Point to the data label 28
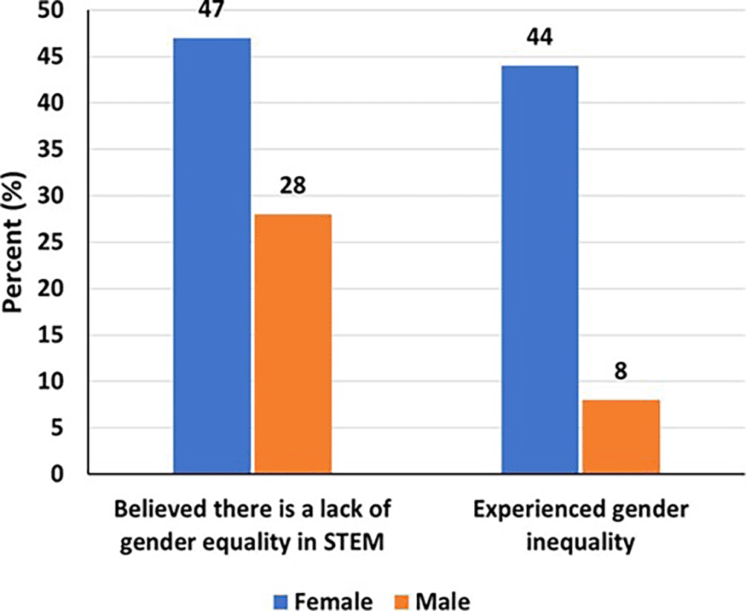pos(293,185)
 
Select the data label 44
pos(540,37)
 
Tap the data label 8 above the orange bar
pos(621,371)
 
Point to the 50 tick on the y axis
pos(56,11)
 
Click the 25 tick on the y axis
pos(56,242)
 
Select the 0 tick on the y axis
pos(64,474)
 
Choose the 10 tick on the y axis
pos(56,381)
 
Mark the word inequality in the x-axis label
pos(582,543)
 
